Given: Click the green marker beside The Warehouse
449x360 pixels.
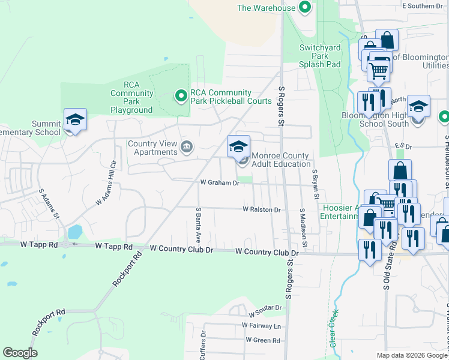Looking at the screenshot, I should click(304, 8).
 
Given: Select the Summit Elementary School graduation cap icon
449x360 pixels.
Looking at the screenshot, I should click(75, 121).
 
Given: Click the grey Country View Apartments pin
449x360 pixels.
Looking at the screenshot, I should click(187, 147).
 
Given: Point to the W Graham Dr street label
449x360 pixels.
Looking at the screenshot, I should click(220, 183).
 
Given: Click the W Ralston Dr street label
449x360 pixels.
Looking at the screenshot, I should click(262, 209).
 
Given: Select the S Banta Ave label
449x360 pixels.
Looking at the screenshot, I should click(198, 221).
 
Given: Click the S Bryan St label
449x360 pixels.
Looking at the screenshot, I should click(314, 184).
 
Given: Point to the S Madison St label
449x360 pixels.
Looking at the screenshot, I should click(303, 228).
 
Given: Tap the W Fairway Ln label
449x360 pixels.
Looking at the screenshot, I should click(261, 325).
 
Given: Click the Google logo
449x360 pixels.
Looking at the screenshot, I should click(20, 353).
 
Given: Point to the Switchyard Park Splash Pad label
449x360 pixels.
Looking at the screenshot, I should click(321, 56).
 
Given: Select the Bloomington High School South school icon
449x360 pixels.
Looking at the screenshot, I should click(418, 107).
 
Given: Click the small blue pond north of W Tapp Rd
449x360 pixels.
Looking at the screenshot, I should click(75, 231).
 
